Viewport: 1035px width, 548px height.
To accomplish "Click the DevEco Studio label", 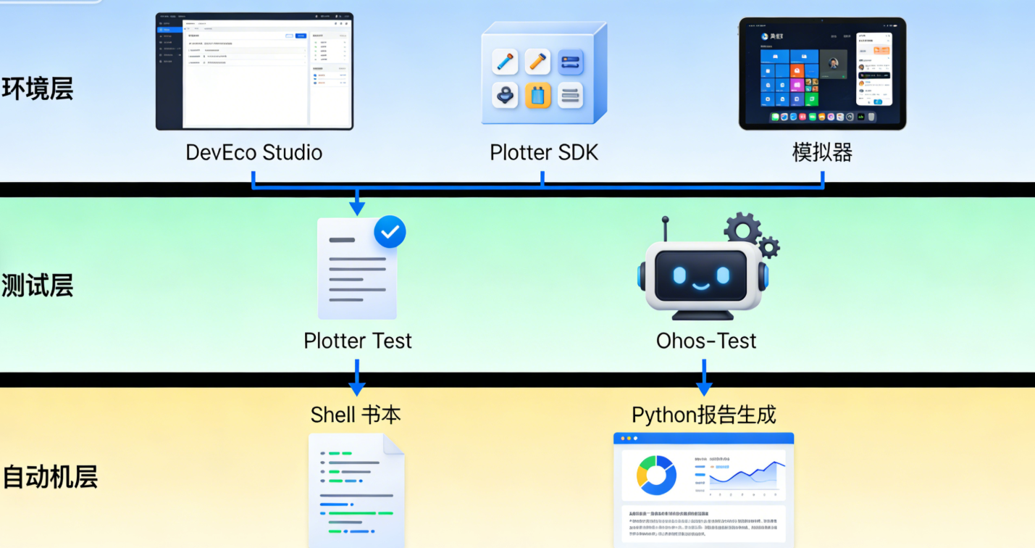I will coord(254,153).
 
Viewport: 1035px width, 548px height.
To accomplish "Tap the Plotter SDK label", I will coord(544,153).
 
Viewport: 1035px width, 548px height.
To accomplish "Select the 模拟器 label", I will coord(822,153).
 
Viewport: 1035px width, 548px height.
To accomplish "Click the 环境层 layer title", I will coord(37,90).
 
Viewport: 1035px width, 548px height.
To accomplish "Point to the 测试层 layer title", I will coord(37,286).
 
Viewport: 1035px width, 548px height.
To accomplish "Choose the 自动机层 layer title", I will coord(49,478).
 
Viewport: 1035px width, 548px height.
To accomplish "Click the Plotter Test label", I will coord(358,341).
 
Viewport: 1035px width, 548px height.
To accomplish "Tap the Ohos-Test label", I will coord(706,341).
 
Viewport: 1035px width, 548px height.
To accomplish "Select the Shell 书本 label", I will coord(356,415).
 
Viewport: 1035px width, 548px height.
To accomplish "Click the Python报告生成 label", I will coord(704,415).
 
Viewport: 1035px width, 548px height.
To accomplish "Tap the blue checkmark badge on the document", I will coord(390,232).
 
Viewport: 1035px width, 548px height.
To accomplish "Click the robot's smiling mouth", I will coord(700,285).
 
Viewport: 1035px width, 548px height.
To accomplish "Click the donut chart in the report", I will coord(656,475).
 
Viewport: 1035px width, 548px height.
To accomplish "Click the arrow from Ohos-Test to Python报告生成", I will coord(704,377).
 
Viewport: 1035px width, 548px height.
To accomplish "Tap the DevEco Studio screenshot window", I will coord(254,71).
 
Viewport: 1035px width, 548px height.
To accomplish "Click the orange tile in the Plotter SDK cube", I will coord(538,95).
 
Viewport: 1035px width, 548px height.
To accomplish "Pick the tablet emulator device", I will coord(822,73).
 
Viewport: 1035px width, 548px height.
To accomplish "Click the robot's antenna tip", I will coord(665,218).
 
